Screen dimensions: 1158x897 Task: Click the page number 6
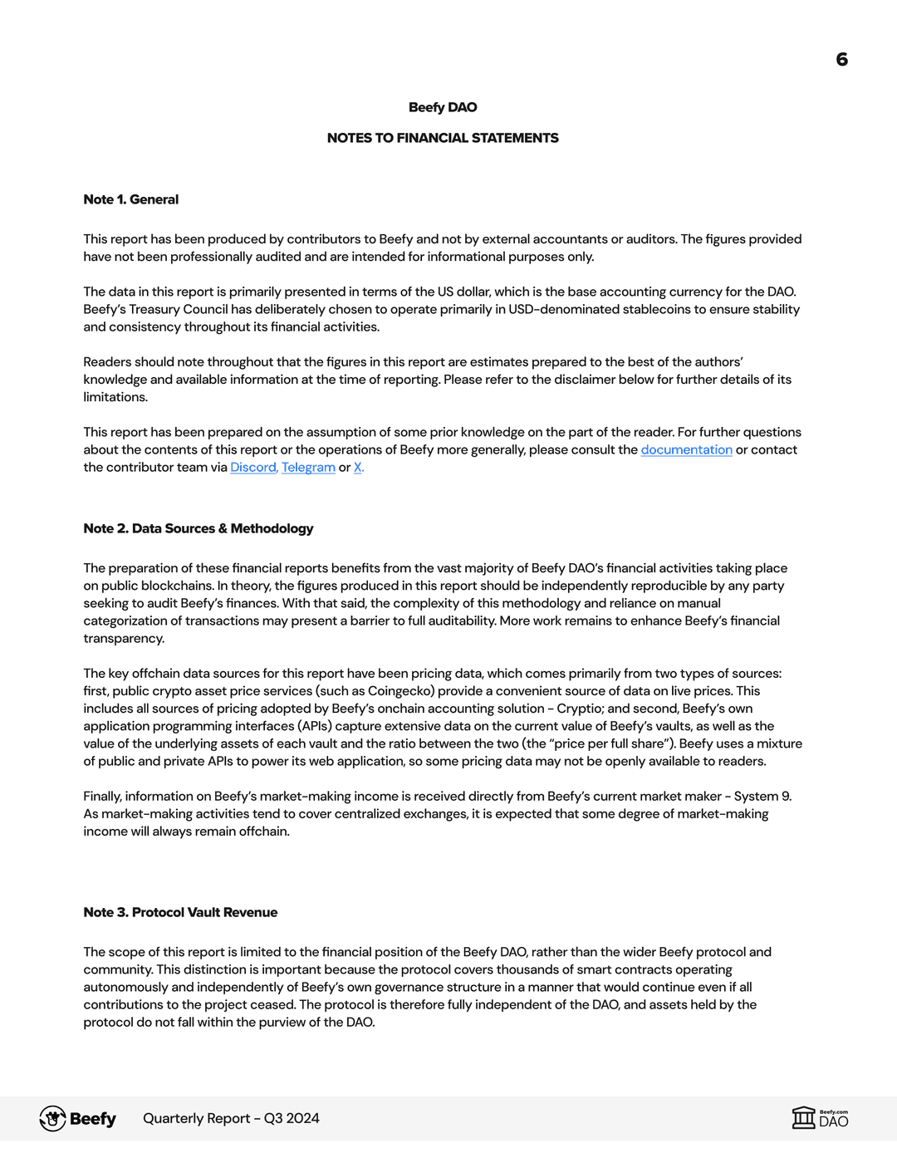coord(841,59)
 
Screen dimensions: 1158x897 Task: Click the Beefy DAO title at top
coord(443,107)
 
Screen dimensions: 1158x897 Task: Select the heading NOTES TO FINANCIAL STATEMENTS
coord(443,138)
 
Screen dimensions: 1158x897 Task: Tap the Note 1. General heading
coord(130,199)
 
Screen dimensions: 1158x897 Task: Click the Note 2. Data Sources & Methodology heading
coord(199,528)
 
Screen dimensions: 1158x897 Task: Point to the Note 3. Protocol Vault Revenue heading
coord(180,912)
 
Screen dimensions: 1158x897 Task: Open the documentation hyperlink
coord(686,449)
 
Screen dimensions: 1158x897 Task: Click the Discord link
coord(253,467)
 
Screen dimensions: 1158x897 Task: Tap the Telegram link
coord(308,467)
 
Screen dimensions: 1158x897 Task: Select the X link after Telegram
coord(358,467)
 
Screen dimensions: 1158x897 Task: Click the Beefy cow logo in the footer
coord(53,1118)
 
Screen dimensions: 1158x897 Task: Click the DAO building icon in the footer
coord(803,1117)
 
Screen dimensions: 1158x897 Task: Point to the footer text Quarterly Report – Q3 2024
coord(231,1118)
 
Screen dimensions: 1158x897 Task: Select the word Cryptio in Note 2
coord(580,708)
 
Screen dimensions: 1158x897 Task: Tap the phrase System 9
coord(761,796)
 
